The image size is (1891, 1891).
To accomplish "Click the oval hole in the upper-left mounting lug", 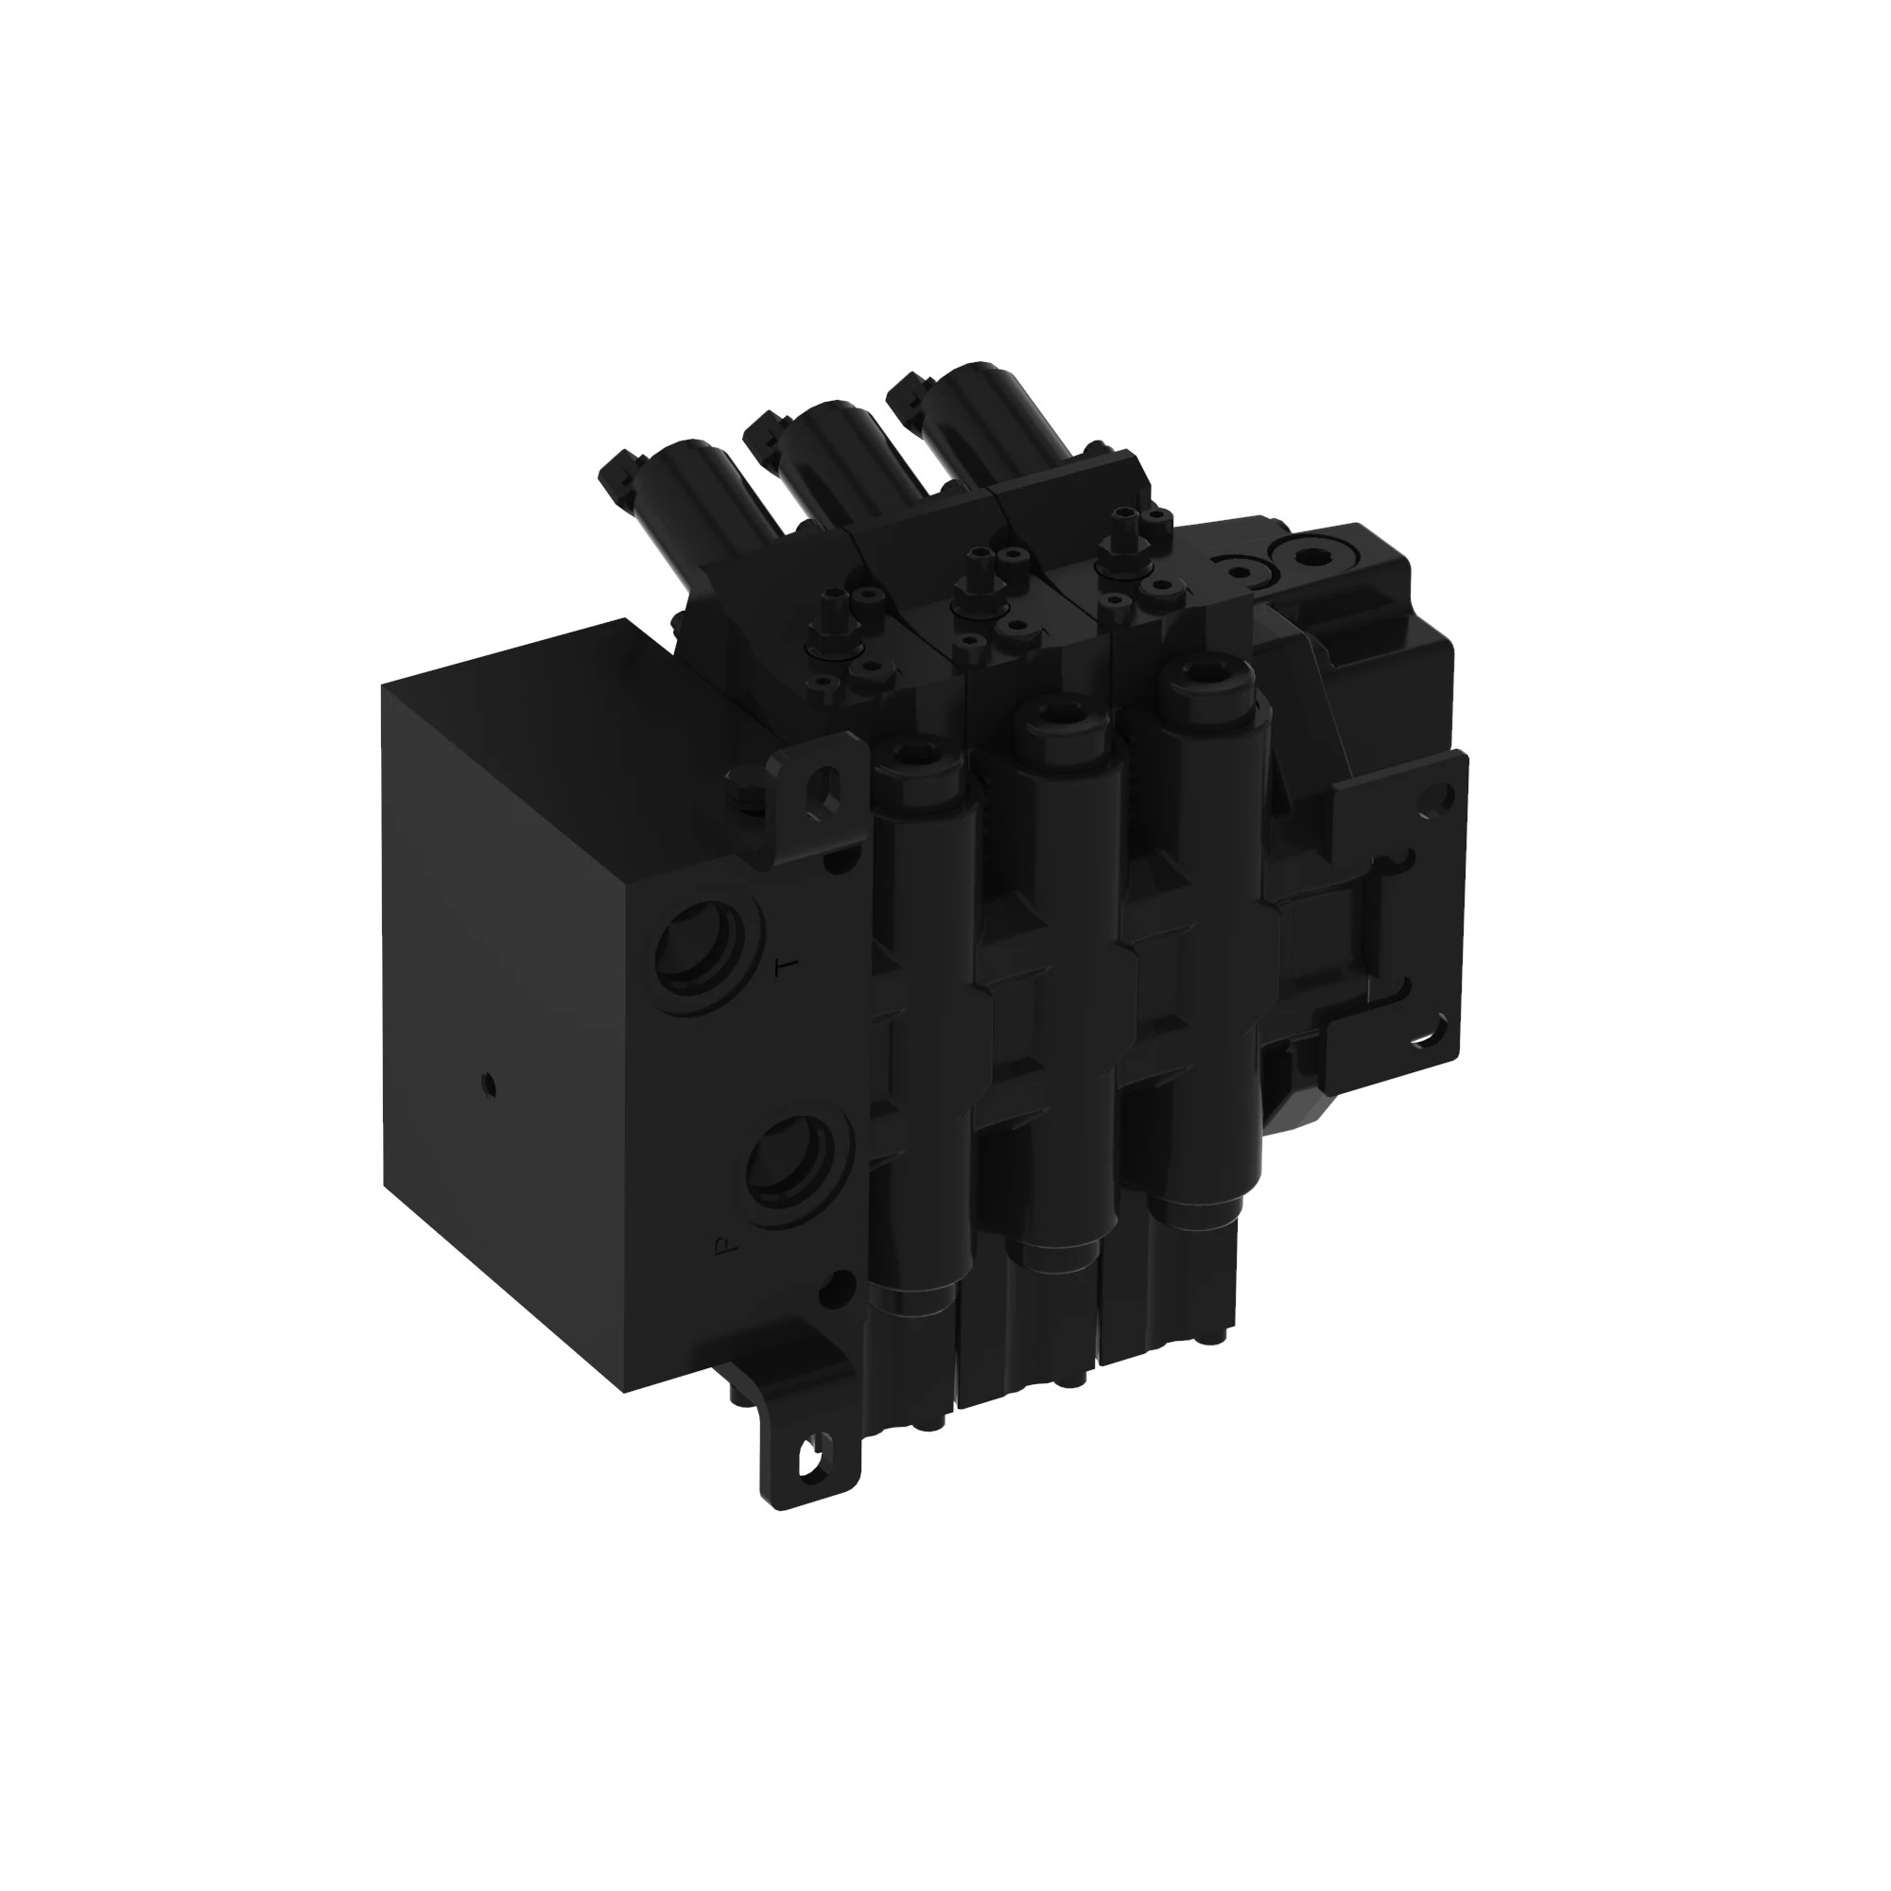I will point(828,787).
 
